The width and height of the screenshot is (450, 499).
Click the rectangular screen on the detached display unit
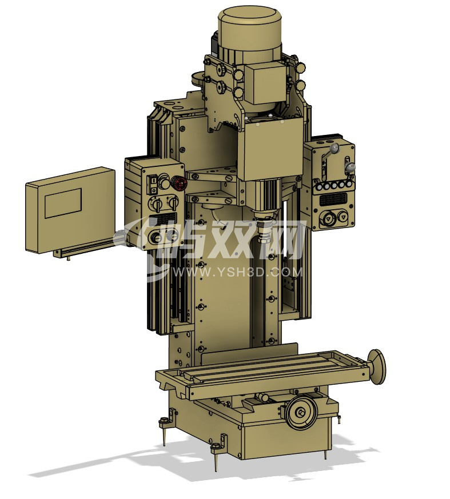(x=63, y=203)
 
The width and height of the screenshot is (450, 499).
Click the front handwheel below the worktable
(x=301, y=413)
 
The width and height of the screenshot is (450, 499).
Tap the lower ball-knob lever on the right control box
(x=351, y=167)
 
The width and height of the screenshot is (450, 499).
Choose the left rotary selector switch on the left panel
(x=156, y=203)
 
